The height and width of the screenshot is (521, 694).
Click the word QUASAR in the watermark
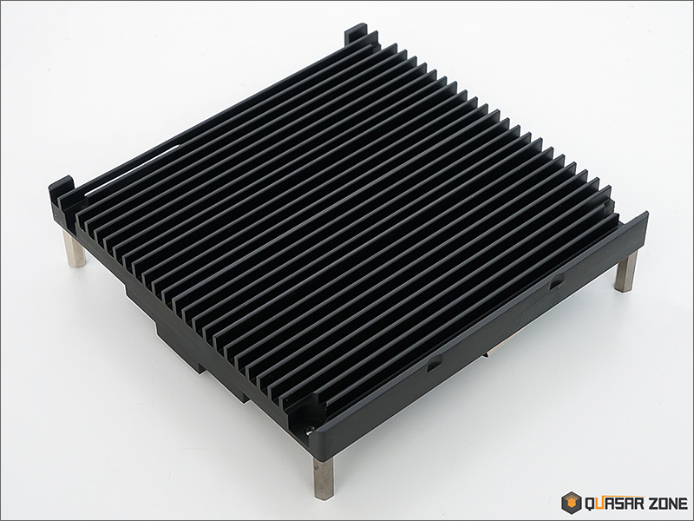(x=616, y=504)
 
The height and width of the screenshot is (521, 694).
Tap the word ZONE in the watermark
(x=670, y=504)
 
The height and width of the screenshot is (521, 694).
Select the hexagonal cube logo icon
(x=572, y=503)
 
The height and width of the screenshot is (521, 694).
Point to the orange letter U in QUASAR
(x=599, y=504)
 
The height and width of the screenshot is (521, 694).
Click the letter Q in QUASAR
(x=590, y=504)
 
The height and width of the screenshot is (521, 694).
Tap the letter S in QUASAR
(x=620, y=504)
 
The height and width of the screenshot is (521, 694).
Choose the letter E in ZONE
(x=684, y=504)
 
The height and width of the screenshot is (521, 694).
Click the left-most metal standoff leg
(x=75, y=248)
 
